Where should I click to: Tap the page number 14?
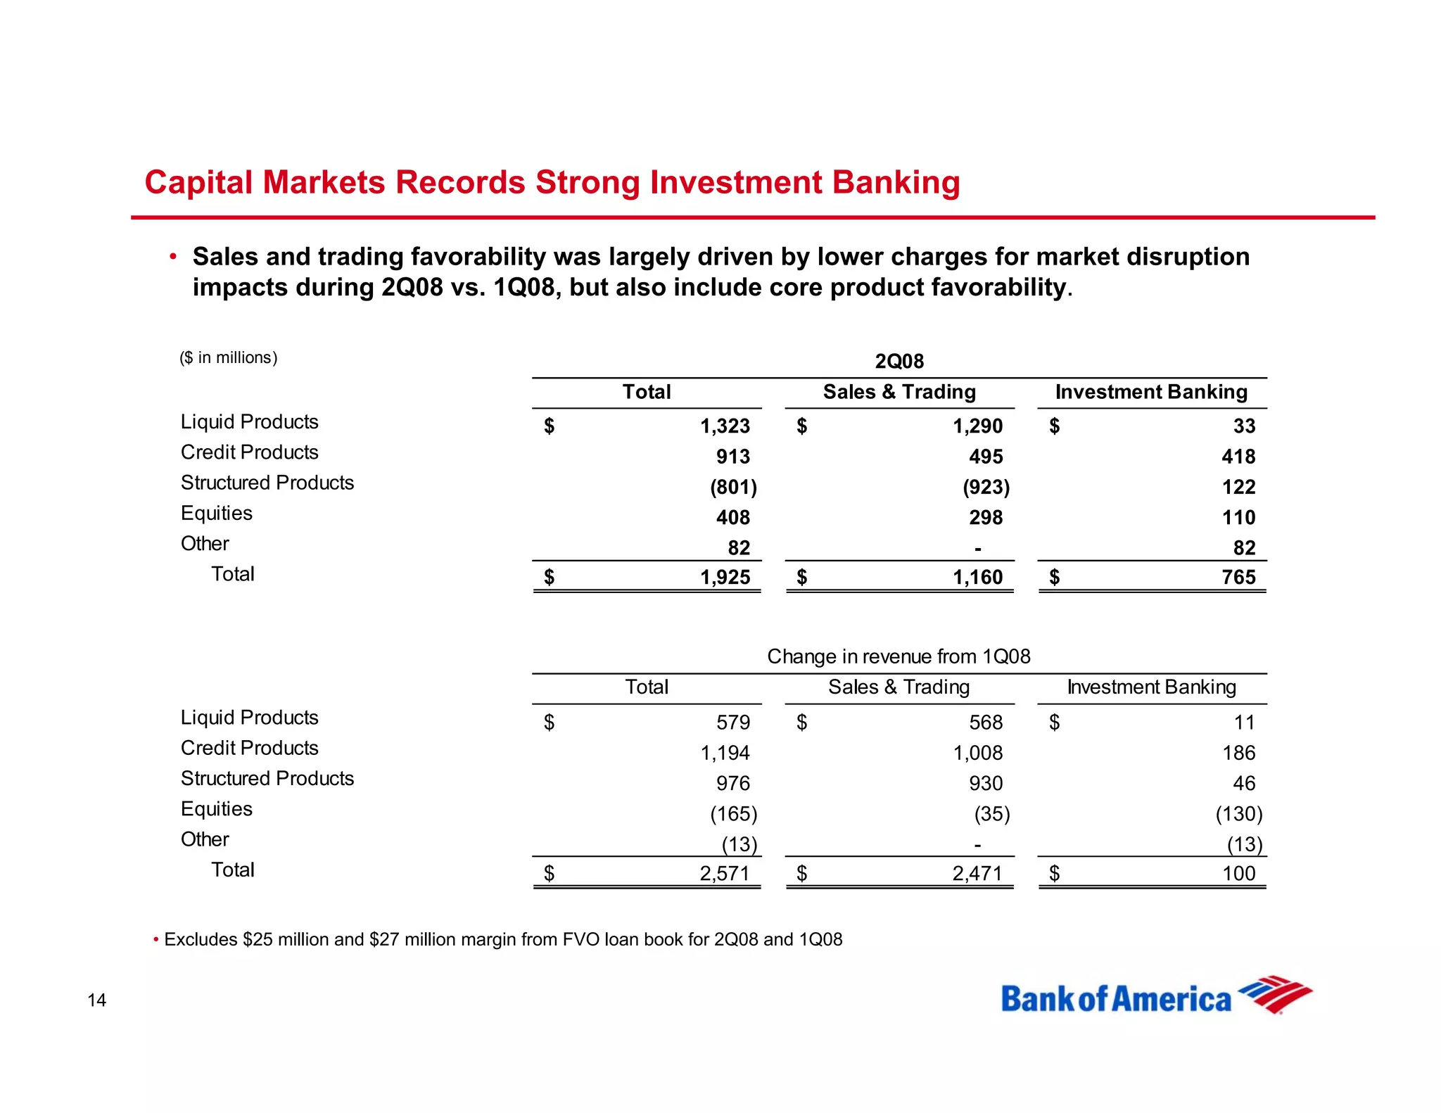point(96,1000)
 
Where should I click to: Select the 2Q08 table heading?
point(899,362)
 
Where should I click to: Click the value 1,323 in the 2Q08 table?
point(725,426)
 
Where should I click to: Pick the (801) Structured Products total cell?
point(733,487)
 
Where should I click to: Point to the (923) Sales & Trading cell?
point(986,487)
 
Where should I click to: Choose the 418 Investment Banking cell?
point(1238,457)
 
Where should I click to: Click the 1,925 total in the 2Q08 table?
point(725,578)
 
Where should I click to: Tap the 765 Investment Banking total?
point(1238,578)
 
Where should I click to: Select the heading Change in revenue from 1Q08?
point(899,656)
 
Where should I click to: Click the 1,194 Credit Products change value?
point(725,753)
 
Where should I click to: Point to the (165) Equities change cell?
point(733,814)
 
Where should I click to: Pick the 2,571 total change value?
point(725,874)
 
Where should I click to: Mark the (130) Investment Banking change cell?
point(1239,814)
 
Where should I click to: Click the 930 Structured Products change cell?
point(986,784)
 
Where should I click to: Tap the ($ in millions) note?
point(229,358)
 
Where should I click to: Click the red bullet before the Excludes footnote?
point(155,940)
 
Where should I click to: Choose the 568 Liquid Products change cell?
point(986,723)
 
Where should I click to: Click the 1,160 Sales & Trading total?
point(977,578)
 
